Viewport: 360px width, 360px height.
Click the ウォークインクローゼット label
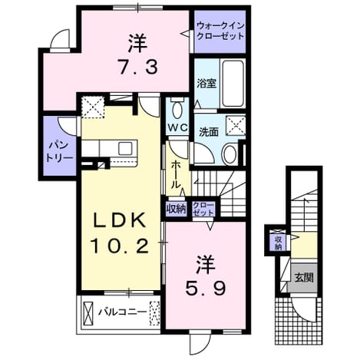(x=220, y=31)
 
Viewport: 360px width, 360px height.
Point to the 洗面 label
(x=209, y=132)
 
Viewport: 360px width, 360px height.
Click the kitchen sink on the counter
(x=125, y=149)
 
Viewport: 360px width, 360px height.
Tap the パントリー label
(x=59, y=152)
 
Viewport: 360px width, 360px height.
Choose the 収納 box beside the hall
(x=176, y=210)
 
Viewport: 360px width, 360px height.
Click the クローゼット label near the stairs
(x=203, y=209)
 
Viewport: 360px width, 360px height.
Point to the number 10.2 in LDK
(x=120, y=246)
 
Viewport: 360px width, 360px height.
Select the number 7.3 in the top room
(x=137, y=66)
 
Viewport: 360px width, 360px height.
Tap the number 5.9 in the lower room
(x=206, y=289)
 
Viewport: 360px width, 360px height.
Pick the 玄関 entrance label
(x=304, y=277)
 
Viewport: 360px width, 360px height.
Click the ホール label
(x=175, y=175)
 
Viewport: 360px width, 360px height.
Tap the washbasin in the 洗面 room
(x=230, y=154)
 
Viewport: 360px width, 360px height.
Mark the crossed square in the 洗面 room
(x=235, y=125)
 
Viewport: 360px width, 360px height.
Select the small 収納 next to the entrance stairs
(x=278, y=243)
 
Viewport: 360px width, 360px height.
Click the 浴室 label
(x=206, y=84)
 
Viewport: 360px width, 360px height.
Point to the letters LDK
(x=120, y=220)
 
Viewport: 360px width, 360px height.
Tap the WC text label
(x=178, y=127)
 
